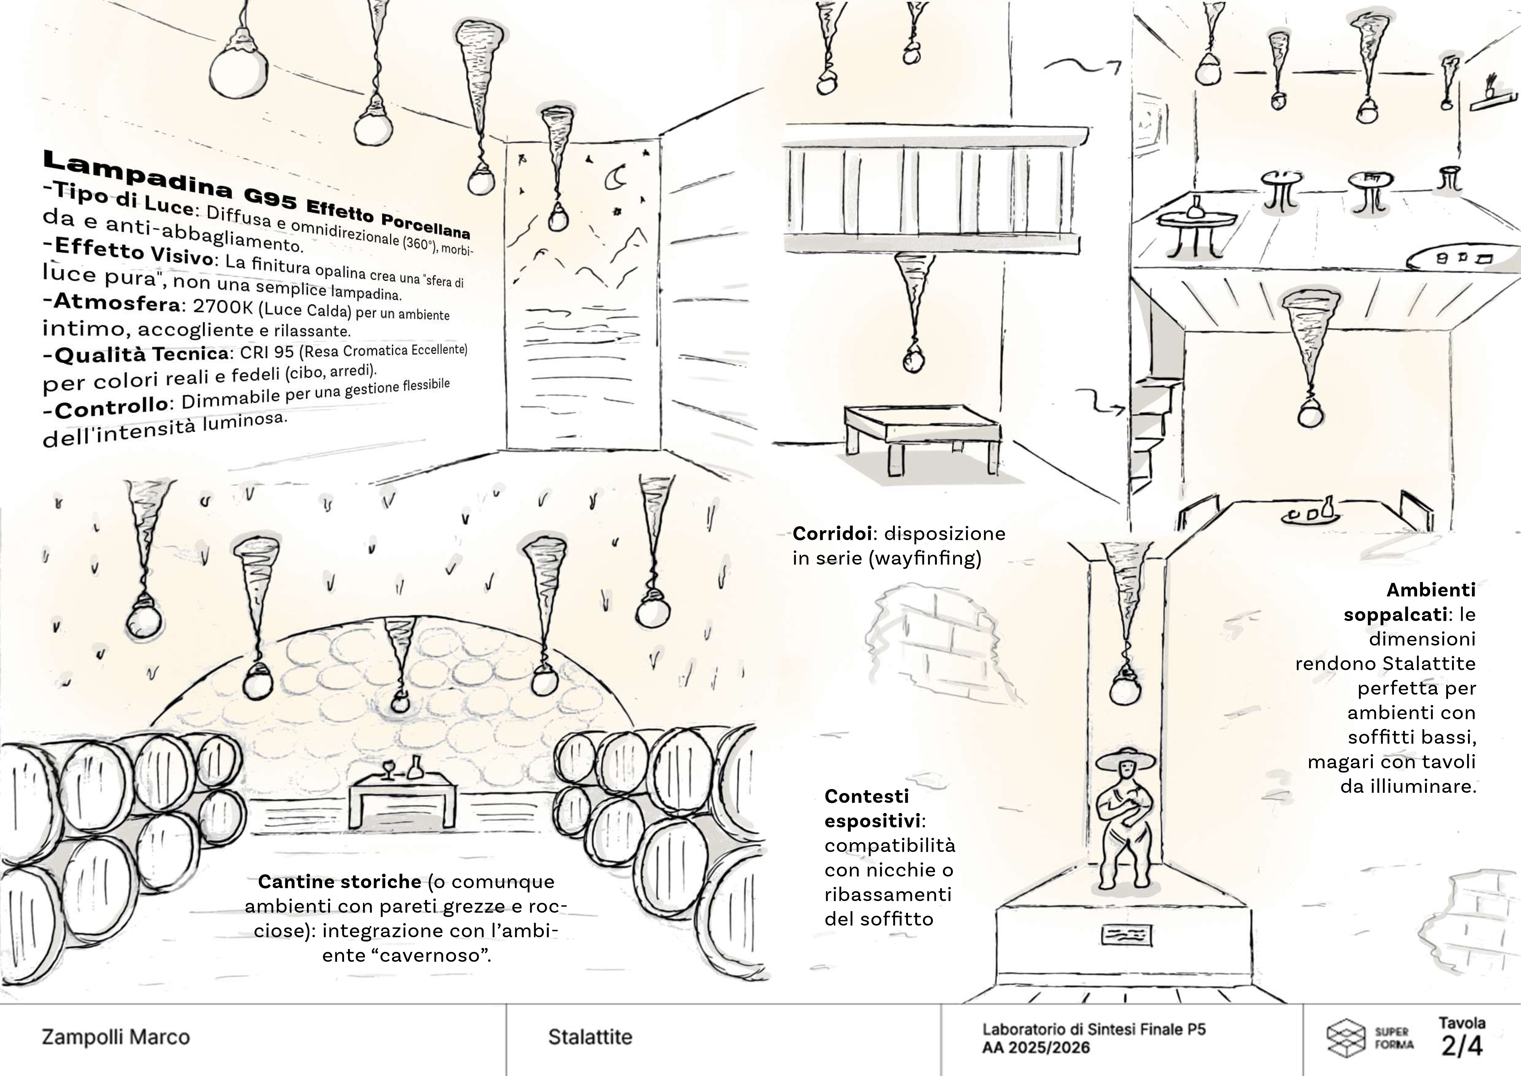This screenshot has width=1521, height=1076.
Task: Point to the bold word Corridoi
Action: [x=832, y=533]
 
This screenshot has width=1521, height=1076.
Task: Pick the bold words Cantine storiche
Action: [x=339, y=882]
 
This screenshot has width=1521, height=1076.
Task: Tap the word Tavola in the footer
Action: [x=1462, y=1023]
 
